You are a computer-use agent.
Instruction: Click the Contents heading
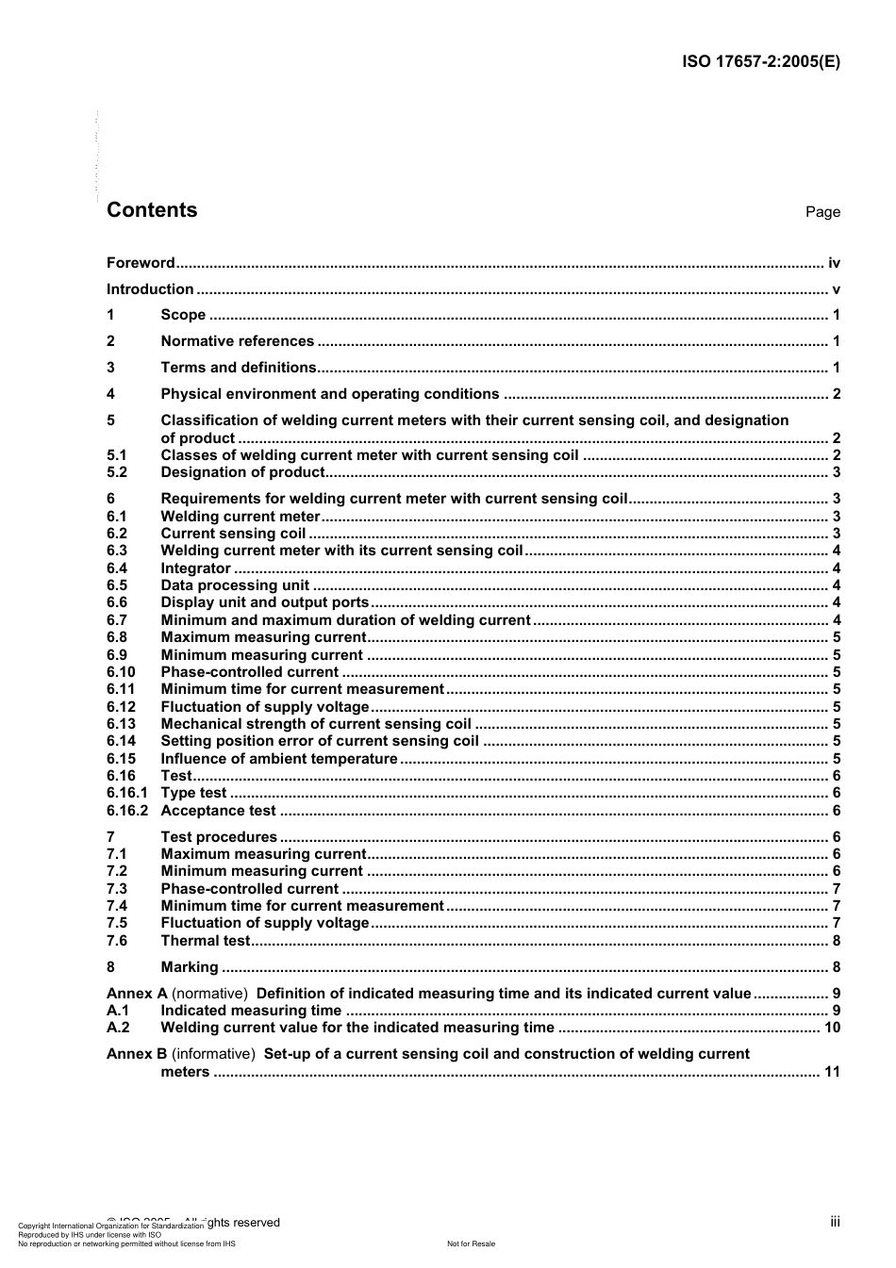click(x=152, y=210)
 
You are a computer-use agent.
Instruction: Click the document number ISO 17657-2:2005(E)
click(x=760, y=62)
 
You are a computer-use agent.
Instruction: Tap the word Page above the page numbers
click(x=822, y=212)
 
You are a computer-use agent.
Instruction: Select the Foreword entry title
click(x=141, y=263)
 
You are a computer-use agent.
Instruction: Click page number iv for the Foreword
click(x=834, y=263)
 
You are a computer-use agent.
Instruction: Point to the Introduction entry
click(x=150, y=289)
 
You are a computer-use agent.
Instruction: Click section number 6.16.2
click(x=127, y=811)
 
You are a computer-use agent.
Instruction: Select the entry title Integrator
click(x=195, y=568)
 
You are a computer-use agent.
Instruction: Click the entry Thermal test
click(x=206, y=941)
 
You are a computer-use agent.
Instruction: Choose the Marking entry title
click(x=190, y=967)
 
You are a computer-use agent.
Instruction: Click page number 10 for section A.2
click(x=832, y=1028)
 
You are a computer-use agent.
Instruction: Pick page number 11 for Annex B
click(x=832, y=1072)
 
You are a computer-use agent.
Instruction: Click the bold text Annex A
click(x=137, y=994)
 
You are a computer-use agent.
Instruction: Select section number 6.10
click(x=121, y=672)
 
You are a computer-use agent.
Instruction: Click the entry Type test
click(x=193, y=793)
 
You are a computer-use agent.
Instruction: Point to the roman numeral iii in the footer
click(x=835, y=1222)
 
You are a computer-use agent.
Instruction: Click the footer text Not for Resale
click(x=471, y=1243)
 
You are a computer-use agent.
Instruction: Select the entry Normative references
click(x=237, y=341)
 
